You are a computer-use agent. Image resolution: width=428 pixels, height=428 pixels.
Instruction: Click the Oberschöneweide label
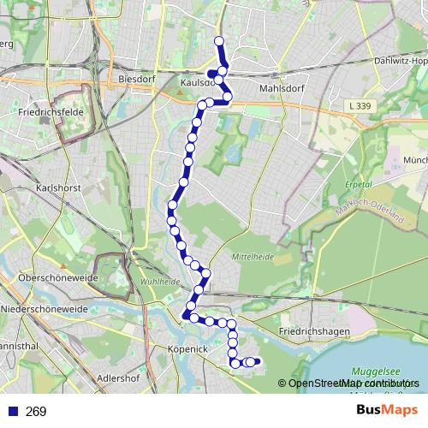[x=43, y=278]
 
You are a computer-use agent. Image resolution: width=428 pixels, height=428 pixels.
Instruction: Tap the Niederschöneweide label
[x=45, y=308]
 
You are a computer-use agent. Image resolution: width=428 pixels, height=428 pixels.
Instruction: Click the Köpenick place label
[x=188, y=350]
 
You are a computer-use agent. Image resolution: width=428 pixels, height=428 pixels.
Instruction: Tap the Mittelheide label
[x=253, y=257]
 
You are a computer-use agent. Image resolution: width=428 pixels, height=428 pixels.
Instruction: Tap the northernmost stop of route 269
[x=218, y=41]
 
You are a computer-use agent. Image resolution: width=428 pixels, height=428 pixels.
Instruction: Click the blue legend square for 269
[x=12, y=412]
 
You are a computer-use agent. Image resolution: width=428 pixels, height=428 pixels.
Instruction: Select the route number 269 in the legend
[x=36, y=412]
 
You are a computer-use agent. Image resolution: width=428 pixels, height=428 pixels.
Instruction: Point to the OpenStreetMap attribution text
[x=348, y=383]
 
